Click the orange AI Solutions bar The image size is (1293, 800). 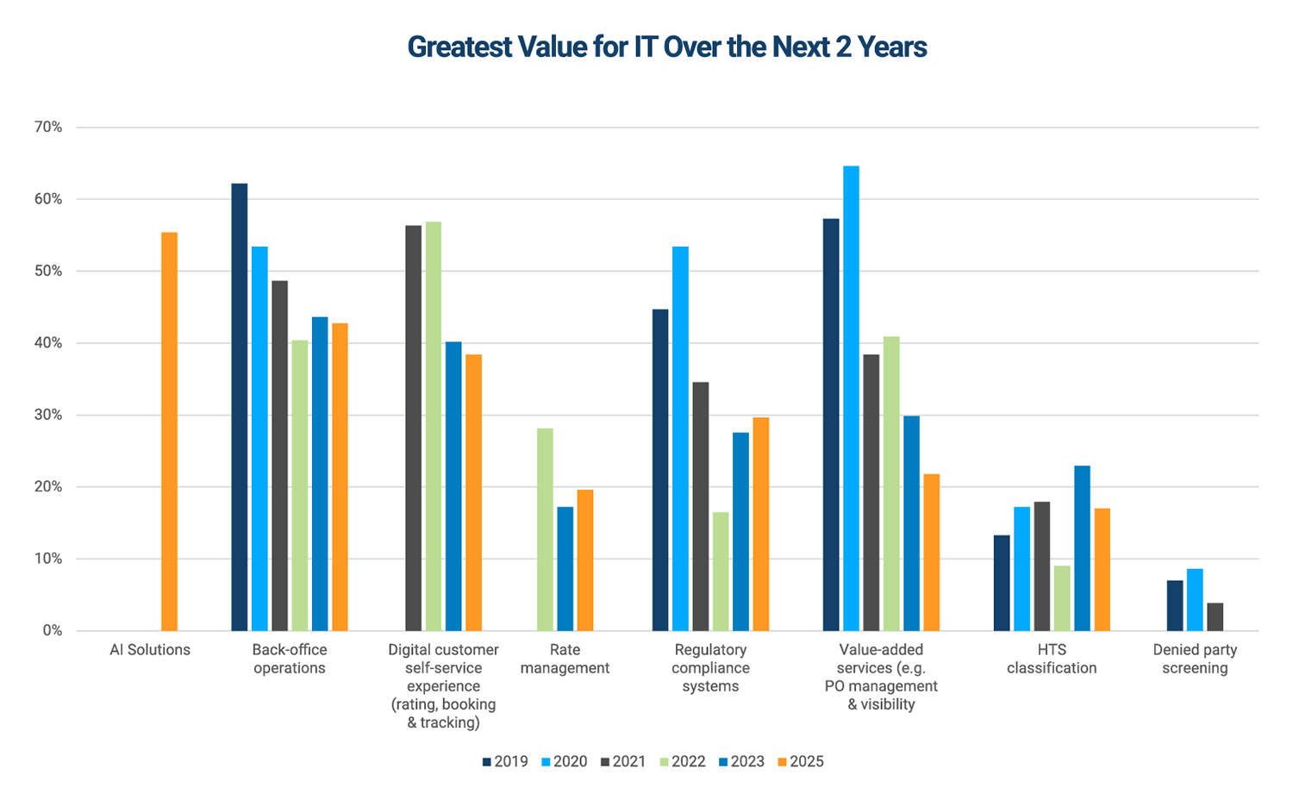coord(169,431)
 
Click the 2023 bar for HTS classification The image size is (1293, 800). coord(1082,548)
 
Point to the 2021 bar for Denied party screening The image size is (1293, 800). coord(1215,617)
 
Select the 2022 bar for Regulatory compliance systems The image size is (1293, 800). coord(721,572)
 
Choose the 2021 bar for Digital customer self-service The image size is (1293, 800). coord(414,428)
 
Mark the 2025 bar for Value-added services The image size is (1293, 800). coord(931,553)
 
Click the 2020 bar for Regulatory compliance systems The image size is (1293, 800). coord(680,439)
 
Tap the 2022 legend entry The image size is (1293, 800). coord(682,762)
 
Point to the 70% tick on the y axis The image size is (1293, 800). coord(48,128)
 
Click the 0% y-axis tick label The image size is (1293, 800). coord(52,631)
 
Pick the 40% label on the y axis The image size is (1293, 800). coord(48,343)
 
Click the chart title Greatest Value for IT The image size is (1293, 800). coord(666,47)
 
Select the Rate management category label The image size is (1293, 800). coord(565,659)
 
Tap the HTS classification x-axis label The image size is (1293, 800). coord(1052,659)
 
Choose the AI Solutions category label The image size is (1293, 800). coord(150,650)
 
